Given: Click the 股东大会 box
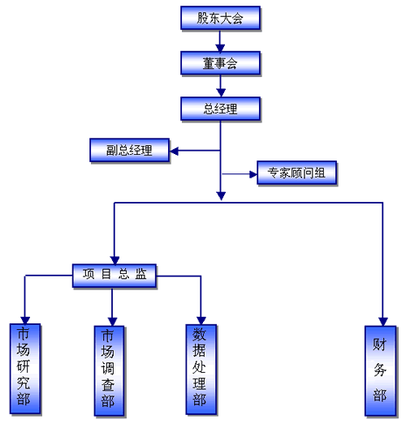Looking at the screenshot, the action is pos(220,18).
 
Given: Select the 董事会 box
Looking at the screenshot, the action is pos(220,63).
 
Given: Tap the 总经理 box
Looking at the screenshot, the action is pos(220,109).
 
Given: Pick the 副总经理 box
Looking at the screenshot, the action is pos(129,150).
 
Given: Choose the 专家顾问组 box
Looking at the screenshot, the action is pos(296,173).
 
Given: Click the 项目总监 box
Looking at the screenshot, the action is pos(114,276).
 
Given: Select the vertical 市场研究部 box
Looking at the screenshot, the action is pos(25,369).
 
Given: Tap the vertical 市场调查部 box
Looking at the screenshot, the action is pos(109,370).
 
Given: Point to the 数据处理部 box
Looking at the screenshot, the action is pos(201,370).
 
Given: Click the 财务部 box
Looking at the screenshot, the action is pos(380,370).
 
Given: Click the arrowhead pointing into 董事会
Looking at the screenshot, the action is pos(220,48).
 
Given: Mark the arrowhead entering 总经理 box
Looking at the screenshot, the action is pos(221,92).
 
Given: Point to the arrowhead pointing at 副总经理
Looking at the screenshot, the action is pos(174,151).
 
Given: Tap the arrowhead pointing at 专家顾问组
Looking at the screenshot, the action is pos(253,173).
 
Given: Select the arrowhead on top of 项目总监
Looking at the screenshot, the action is pos(114,260).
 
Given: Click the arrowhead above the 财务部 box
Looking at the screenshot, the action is pos(382,322).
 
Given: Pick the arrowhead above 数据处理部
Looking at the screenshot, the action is pos(201,320).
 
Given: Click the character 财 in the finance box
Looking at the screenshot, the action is pos(380,345).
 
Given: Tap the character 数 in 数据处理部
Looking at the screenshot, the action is pos(199,334).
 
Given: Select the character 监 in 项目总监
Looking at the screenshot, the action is pos(140,274).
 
